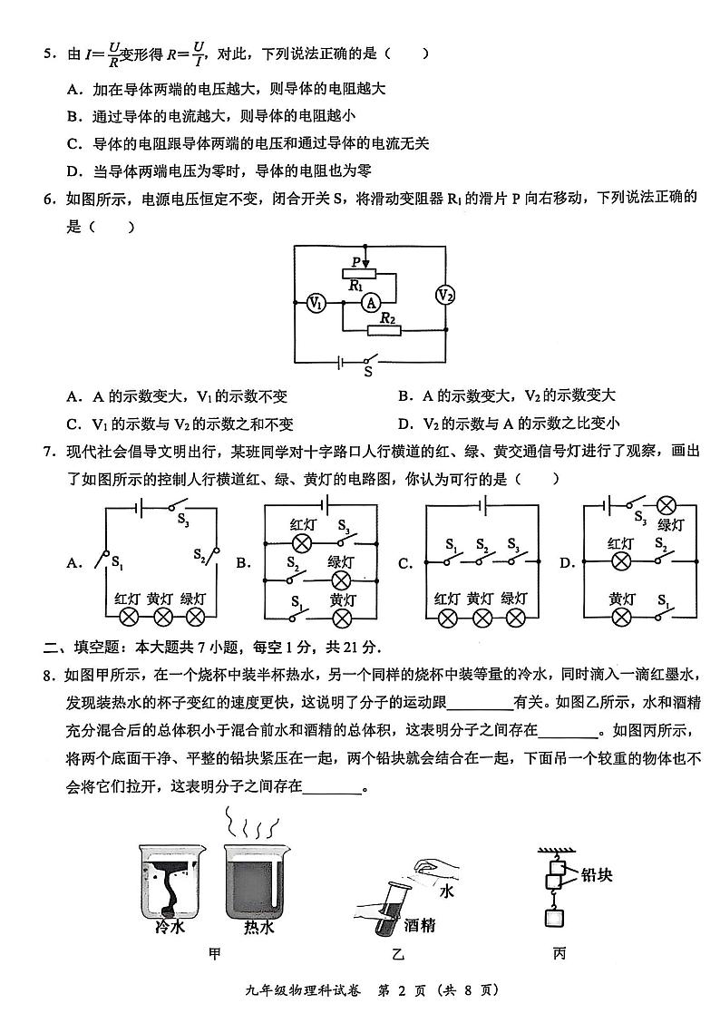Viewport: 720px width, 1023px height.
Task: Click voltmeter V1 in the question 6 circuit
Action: (316, 304)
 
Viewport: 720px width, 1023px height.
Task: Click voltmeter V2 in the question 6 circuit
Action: (445, 295)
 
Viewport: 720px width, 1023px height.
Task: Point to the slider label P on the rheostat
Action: (356, 262)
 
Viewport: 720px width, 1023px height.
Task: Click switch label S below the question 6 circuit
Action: (367, 371)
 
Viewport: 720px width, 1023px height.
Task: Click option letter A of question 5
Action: (73, 89)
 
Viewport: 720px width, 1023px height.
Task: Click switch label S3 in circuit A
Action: (183, 521)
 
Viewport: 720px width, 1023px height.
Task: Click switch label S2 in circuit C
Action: (483, 547)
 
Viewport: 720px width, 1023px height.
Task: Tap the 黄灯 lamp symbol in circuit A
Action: (162, 618)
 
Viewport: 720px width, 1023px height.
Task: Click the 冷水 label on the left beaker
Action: (170, 927)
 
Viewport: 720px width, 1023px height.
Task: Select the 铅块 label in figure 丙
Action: (595, 874)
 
